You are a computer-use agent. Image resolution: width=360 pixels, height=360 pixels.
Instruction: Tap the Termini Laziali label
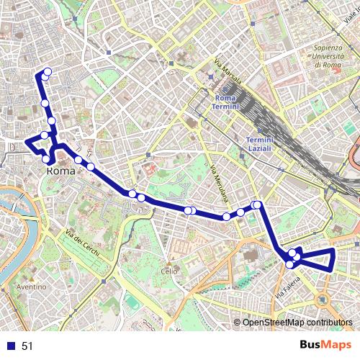(259, 143)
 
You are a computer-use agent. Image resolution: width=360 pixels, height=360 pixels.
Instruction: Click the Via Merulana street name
(218, 183)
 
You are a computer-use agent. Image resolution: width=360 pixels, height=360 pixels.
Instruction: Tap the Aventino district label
(32, 287)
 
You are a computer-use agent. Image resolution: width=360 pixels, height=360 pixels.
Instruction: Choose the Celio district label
(168, 271)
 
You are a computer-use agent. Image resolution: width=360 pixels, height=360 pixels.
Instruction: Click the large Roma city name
(62, 172)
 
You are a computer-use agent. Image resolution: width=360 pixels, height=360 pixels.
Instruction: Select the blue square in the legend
(10, 346)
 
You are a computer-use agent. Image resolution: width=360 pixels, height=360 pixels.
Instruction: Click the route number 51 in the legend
(27, 346)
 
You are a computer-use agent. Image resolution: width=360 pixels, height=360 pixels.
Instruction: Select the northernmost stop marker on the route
(48, 71)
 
